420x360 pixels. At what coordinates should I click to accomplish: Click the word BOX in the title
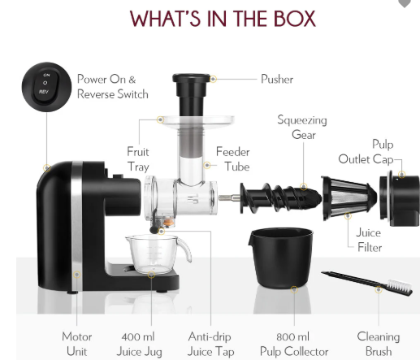[x=295, y=19]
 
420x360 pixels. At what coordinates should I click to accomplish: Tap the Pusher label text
[x=277, y=80]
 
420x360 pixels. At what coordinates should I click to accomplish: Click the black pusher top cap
[x=192, y=78]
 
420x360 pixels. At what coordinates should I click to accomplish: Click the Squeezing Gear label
[x=302, y=128]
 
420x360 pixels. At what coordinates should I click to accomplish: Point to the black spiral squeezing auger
[x=281, y=197]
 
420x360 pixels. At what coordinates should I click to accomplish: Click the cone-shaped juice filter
[x=349, y=197]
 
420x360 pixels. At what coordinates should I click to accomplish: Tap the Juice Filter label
[x=369, y=240]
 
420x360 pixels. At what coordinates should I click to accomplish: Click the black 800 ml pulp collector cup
[x=282, y=258]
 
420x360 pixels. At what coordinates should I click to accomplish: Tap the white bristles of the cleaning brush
[x=400, y=286]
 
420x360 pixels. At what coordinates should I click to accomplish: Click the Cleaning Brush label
[x=379, y=344]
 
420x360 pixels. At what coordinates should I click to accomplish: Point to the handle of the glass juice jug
[x=185, y=249]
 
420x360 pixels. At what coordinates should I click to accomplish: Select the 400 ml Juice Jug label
[x=139, y=344]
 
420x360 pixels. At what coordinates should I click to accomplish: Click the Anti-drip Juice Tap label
[x=210, y=344]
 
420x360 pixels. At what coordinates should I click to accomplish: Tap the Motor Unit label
[x=77, y=344]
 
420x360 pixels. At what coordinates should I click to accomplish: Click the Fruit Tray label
[x=138, y=159]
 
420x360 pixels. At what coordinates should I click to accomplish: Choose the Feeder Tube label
[x=233, y=159]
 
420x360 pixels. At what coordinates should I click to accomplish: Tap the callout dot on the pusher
[x=213, y=79]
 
